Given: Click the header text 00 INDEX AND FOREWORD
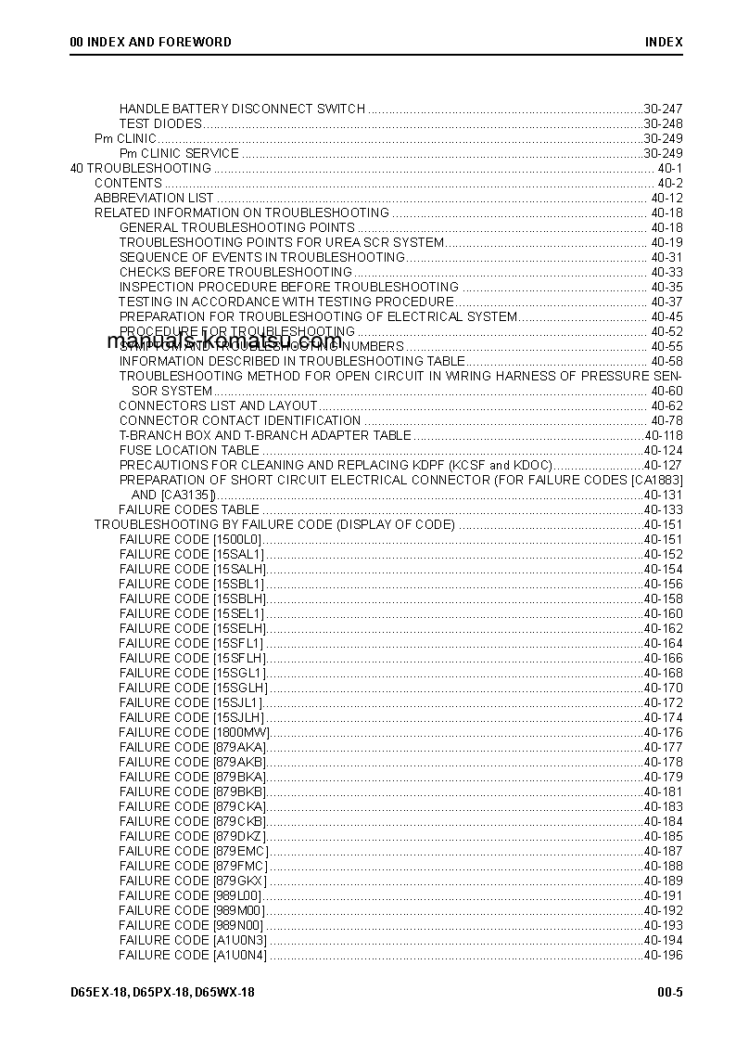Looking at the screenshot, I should (x=150, y=42).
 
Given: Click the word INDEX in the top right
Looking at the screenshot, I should (x=664, y=42).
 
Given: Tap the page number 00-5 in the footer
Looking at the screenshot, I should (x=670, y=992).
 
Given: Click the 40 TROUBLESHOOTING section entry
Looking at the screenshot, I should (x=141, y=168).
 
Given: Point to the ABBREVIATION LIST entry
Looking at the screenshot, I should (x=154, y=198).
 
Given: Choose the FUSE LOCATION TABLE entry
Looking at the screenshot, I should (x=189, y=450).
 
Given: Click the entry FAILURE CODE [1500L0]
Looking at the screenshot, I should (x=191, y=539).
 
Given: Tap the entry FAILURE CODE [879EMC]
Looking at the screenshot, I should (x=194, y=851).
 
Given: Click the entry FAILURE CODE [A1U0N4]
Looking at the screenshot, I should (x=193, y=955).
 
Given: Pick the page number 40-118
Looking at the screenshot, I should (x=663, y=435).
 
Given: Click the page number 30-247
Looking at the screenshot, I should (x=663, y=109).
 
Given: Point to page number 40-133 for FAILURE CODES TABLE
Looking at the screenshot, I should (x=663, y=509).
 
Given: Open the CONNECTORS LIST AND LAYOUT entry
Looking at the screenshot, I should (x=218, y=405).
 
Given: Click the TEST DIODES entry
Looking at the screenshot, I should (x=160, y=123).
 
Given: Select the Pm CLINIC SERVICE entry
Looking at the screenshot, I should (x=179, y=153).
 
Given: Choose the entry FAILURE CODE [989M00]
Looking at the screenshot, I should (x=191, y=910).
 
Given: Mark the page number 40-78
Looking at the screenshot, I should (x=666, y=420).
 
